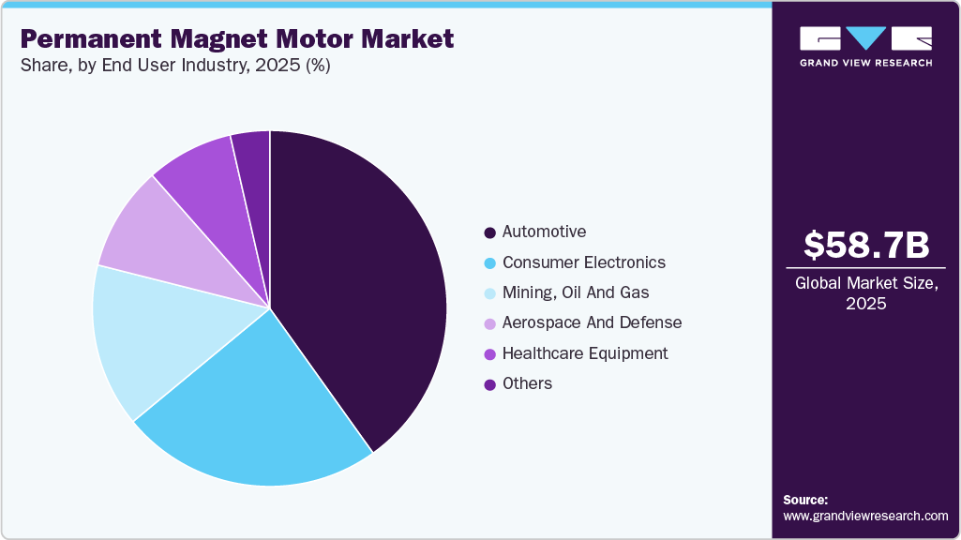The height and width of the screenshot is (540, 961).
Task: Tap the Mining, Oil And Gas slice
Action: (x=150, y=337)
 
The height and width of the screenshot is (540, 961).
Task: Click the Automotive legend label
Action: (x=544, y=232)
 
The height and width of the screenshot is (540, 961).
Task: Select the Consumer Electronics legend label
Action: (x=583, y=262)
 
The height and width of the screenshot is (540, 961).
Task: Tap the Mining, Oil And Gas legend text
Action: (x=575, y=292)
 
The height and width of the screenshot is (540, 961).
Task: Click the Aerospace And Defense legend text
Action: (x=592, y=322)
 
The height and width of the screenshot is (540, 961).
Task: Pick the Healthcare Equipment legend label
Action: (x=585, y=353)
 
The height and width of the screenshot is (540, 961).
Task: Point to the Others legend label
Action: (x=527, y=383)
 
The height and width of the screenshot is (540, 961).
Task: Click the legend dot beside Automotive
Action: (x=489, y=232)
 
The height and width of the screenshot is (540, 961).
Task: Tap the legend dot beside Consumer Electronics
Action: (x=489, y=262)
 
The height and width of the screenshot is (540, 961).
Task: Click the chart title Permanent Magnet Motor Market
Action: (x=237, y=39)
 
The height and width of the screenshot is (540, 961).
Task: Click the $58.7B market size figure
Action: (x=866, y=246)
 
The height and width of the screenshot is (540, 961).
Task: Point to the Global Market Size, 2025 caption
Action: (x=866, y=293)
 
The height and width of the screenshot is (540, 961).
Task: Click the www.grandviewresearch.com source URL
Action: (x=865, y=516)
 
